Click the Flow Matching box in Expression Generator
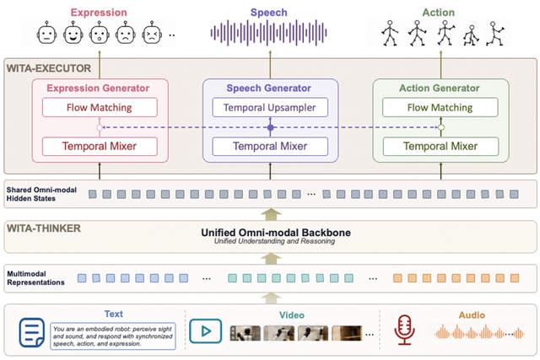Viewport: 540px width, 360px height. pos(100,107)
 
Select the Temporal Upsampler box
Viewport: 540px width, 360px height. pos(270,107)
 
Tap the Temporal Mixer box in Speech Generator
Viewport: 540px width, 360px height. pos(270,146)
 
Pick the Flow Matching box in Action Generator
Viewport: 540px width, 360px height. pos(440,107)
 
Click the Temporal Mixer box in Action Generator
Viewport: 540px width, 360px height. pos(440,146)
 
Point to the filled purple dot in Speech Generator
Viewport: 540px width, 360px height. pos(270,127)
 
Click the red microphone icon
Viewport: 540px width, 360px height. pos(404,330)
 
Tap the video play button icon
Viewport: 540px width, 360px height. pos(205,331)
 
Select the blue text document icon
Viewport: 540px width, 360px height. pos(32,332)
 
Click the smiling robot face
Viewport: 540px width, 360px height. pos(73,33)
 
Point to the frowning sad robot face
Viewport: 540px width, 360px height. pos(126,33)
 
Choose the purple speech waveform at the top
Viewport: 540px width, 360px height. pos(268,33)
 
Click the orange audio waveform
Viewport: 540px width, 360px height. pos(479,332)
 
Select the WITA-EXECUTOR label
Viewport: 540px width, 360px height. pos(49,68)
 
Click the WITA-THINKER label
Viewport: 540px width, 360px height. pos(44,228)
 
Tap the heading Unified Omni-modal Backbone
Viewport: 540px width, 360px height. pos(276,233)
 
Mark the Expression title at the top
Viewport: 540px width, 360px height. pos(99,13)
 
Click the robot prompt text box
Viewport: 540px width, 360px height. pos(112,336)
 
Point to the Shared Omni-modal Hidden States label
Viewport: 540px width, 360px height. pos(41,194)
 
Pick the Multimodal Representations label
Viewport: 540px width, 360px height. pos(35,278)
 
